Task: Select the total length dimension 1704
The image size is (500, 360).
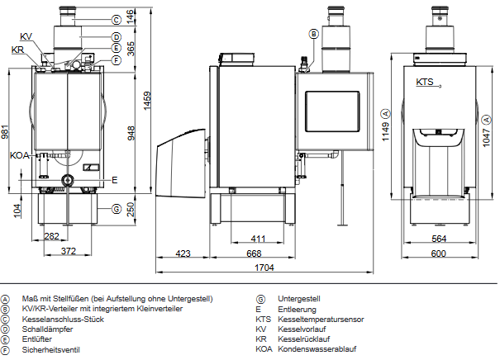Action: [x=265, y=268]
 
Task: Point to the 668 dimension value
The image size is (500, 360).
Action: [x=254, y=252]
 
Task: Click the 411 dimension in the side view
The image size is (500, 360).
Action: [x=257, y=239]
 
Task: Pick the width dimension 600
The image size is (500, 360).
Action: [x=439, y=252]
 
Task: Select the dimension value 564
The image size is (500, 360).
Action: [x=439, y=239]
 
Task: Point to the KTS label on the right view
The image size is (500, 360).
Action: [x=425, y=82]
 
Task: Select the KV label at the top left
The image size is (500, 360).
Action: [x=26, y=37]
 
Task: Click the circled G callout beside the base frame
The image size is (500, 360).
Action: [x=117, y=208]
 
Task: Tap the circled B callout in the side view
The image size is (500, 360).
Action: [x=313, y=34]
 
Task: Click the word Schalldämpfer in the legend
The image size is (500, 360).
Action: [x=45, y=329]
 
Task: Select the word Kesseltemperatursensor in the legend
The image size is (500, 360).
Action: [x=321, y=319]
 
